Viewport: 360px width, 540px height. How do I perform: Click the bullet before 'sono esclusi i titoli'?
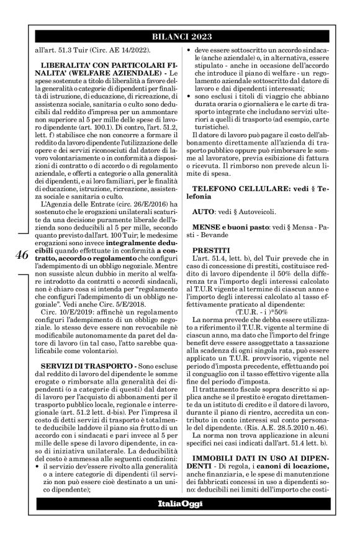pyautogui.click(x=191, y=97)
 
